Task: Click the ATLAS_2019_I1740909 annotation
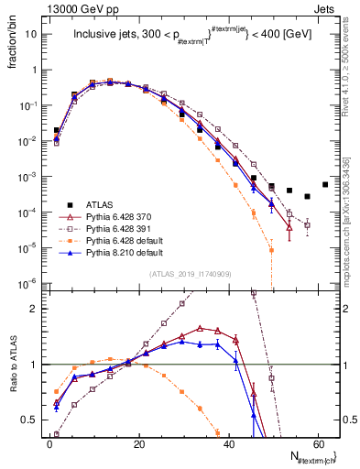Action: coord(184,275)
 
